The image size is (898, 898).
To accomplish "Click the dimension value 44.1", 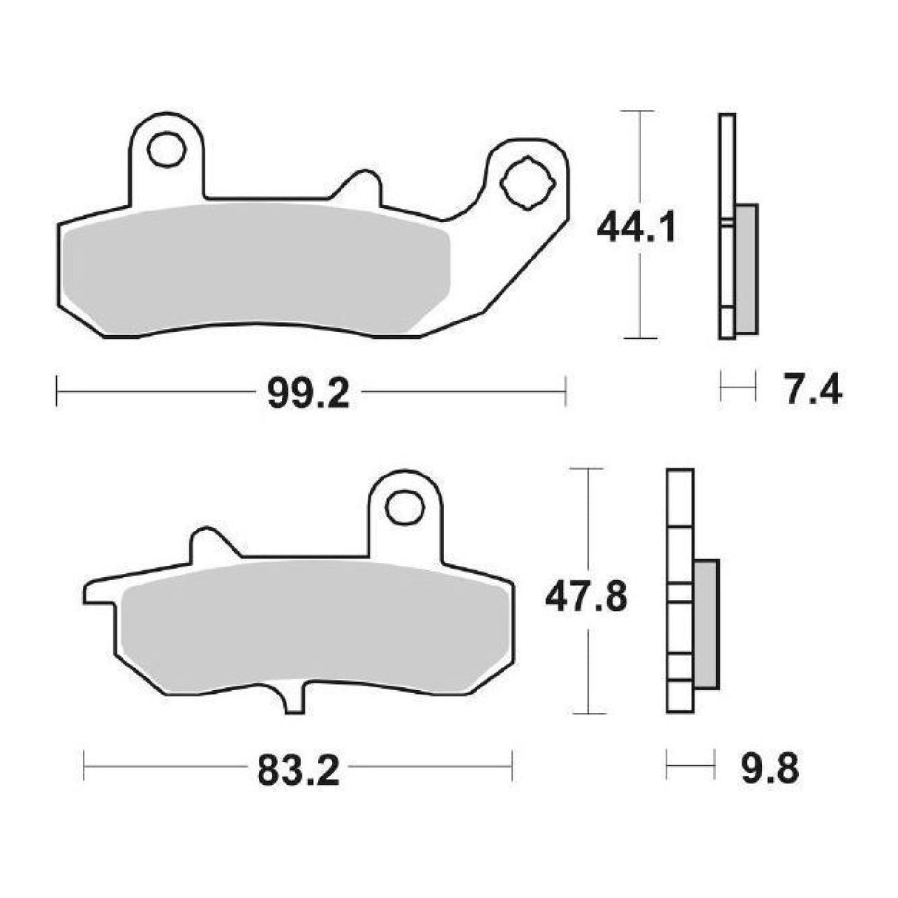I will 636,229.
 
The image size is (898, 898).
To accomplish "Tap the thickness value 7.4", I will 813,389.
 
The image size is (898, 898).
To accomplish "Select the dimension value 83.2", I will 298,773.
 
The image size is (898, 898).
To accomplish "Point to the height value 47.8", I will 586,597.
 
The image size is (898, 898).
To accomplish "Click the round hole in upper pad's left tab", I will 166,150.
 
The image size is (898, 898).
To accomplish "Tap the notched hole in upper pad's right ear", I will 526,182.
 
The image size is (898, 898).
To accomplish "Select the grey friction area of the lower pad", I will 311,629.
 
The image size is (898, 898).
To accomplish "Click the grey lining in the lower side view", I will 706,623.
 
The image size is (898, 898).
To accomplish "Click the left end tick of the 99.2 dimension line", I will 57,390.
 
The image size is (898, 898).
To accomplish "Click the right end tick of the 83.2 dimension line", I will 512,766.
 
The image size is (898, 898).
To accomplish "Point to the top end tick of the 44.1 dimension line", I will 638,111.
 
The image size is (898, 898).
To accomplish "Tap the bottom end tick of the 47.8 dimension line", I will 588,713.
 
